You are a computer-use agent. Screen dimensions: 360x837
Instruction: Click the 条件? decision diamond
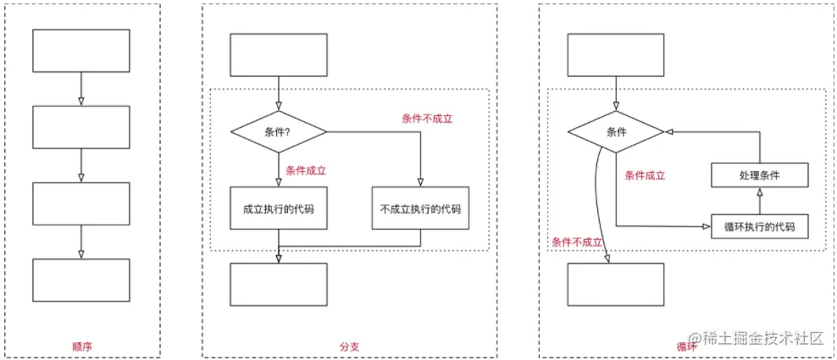(279, 131)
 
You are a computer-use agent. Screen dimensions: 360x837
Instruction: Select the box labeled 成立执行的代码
(279, 208)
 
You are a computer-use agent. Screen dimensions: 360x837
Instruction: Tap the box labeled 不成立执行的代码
(420, 208)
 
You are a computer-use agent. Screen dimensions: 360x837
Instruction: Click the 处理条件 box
(759, 175)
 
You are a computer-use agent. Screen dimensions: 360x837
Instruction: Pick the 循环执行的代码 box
(759, 226)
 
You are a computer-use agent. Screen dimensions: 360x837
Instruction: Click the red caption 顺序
(82, 346)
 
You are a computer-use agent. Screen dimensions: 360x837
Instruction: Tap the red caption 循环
(687, 346)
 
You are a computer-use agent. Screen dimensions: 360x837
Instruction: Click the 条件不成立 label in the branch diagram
(427, 119)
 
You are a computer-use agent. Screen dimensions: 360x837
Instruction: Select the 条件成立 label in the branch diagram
(306, 170)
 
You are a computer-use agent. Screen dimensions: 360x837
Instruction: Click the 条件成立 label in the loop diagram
(645, 175)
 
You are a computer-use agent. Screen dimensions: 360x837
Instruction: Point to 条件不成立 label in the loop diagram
(577, 241)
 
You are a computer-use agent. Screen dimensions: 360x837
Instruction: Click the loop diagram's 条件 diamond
(615, 131)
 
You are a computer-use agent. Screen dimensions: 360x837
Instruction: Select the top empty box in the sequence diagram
(81, 51)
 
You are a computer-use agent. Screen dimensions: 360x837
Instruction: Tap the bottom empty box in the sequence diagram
(81, 280)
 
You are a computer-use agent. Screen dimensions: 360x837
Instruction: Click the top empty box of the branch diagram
(279, 55)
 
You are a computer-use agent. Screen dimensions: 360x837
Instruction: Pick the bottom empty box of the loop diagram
(615, 284)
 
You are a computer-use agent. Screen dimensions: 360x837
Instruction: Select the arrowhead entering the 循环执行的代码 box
(706, 226)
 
